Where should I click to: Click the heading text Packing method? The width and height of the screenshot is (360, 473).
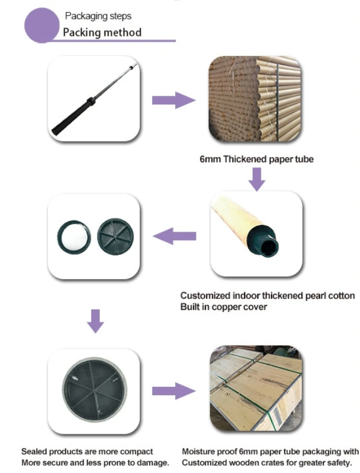(102, 32)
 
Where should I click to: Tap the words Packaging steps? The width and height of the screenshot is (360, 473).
(98, 16)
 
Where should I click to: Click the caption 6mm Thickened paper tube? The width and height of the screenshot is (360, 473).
(256, 160)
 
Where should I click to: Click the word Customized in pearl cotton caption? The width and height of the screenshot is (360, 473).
(205, 296)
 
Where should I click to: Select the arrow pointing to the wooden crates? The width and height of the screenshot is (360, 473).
(173, 391)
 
